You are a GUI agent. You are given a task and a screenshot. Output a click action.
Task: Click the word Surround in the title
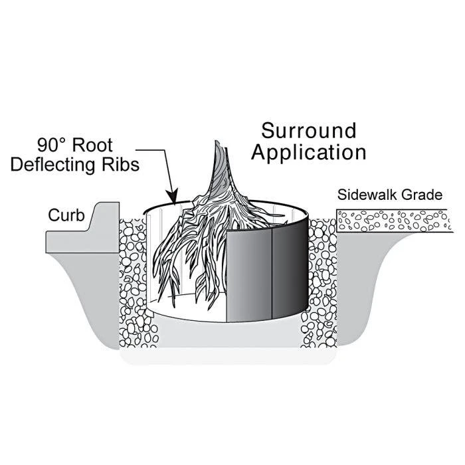(308, 130)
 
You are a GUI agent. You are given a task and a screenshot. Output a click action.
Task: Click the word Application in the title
(308, 152)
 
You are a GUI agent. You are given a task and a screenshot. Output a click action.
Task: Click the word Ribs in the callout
(124, 165)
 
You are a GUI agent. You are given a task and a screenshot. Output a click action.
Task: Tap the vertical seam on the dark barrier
(273, 272)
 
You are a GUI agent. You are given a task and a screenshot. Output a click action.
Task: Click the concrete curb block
(80, 232)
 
